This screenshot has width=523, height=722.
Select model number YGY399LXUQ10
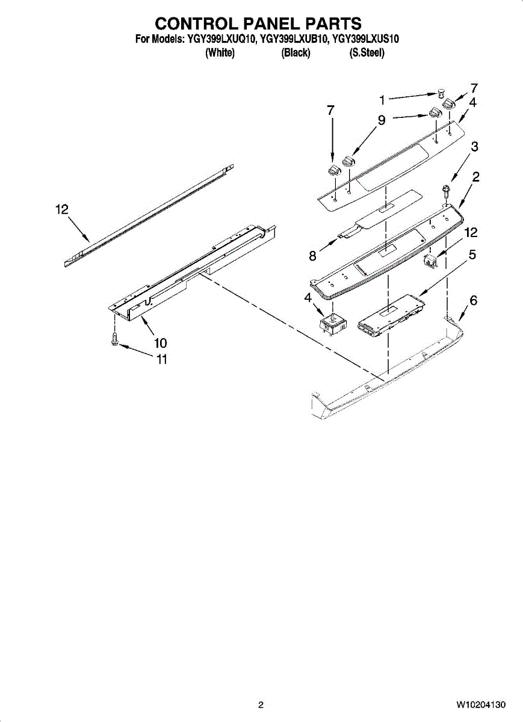221,39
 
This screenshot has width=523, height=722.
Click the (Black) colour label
296,53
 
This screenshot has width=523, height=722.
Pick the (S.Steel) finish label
367,53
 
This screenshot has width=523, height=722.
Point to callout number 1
382,99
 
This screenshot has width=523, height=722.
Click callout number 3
475,146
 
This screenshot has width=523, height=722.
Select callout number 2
475,177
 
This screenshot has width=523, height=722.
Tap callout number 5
472,255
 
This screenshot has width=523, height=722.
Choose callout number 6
474,300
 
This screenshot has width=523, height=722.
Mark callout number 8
312,256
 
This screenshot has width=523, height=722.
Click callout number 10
160,343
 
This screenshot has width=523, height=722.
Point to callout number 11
162,360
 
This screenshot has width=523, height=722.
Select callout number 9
382,120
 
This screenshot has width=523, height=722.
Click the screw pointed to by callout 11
114,341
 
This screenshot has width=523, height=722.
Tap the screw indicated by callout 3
445,193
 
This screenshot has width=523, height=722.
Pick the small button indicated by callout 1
441,93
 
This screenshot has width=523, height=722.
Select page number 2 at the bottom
261,705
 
